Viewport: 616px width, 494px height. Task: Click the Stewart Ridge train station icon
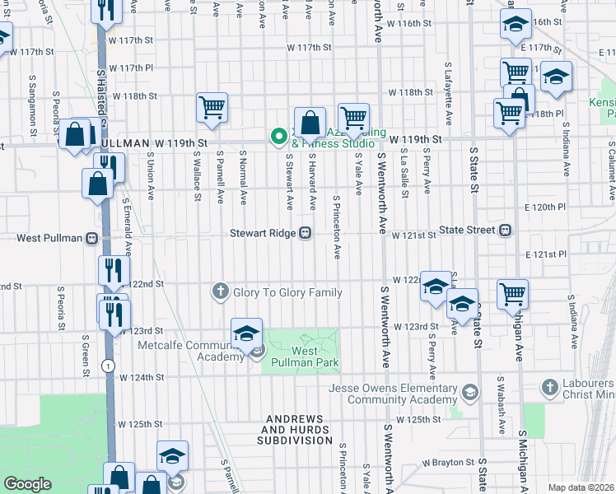pos(305,233)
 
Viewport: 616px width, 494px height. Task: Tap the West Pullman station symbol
pos(91,238)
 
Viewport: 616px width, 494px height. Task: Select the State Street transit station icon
pos(506,230)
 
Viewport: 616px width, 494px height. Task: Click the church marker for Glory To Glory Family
pos(220,291)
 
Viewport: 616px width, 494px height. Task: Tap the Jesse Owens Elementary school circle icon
pos(470,391)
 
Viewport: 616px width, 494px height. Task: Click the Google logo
pos(27,484)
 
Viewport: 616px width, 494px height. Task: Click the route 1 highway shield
pos(108,365)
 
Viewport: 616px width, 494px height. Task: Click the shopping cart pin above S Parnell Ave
pos(212,107)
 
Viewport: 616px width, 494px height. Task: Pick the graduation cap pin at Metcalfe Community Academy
pos(246,333)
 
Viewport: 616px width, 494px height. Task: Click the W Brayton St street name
pos(450,463)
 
